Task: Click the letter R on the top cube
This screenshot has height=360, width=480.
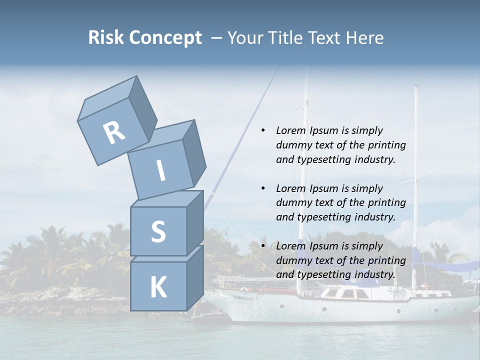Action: tap(114, 132)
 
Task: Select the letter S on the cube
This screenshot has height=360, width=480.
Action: tap(158, 232)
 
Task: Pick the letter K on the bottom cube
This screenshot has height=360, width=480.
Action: tap(158, 287)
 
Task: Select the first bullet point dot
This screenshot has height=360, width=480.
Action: tap(262, 131)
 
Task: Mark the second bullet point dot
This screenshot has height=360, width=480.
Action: tap(262, 188)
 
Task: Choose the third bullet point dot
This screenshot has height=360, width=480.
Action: tap(262, 246)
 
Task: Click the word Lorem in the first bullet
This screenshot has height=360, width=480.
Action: tap(290, 130)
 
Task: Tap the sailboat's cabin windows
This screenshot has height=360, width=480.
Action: tap(345, 293)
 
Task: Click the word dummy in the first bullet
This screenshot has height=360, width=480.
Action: tap(295, 145)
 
